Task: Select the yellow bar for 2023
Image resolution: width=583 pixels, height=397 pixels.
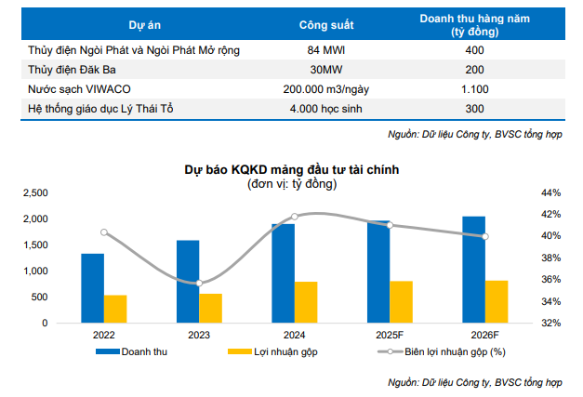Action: click(210, 309)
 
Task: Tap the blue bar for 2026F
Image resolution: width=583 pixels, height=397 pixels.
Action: click(473, 270)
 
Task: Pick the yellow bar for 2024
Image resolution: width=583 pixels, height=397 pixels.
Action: click(306, 302)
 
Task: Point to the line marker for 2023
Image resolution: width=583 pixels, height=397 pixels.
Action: click(198, 283)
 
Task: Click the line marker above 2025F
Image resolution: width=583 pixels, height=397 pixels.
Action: click(390, 225)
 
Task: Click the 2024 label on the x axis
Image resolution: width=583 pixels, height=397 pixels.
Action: click(294, 335)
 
